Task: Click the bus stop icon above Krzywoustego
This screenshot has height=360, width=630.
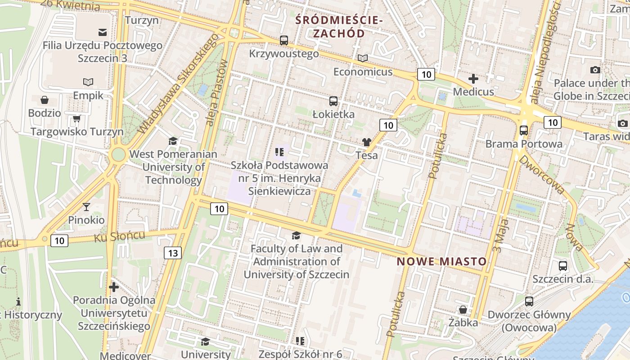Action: pos(284,40)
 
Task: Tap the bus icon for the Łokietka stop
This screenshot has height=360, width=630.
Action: pos(333,101)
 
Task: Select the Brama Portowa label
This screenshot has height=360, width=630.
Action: pos(523,144)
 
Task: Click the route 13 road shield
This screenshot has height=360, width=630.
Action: pos(173,253)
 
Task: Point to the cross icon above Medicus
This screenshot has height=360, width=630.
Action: pos(473,79)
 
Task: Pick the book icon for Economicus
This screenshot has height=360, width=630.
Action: pos(362,58)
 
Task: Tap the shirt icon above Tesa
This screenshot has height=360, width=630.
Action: pos(366,142)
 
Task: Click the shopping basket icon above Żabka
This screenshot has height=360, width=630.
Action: pos(463,310)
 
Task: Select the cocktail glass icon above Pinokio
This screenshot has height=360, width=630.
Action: pos(86,207)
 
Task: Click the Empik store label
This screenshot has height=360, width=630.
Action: pos(88,95)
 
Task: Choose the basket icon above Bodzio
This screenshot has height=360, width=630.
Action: pos(44,100)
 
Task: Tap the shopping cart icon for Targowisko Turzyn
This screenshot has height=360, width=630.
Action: pos(76,119)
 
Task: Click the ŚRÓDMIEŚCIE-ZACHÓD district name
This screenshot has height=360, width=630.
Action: pos(339,27)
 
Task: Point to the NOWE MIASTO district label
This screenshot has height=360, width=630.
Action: pos(442,261)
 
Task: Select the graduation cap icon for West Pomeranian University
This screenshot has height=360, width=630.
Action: pos(173,141)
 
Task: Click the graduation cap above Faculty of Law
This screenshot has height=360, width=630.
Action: pos(296,235)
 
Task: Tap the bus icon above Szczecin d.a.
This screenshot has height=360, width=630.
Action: pos(562,265)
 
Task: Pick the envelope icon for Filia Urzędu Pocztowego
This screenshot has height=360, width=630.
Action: pos(102,32)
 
